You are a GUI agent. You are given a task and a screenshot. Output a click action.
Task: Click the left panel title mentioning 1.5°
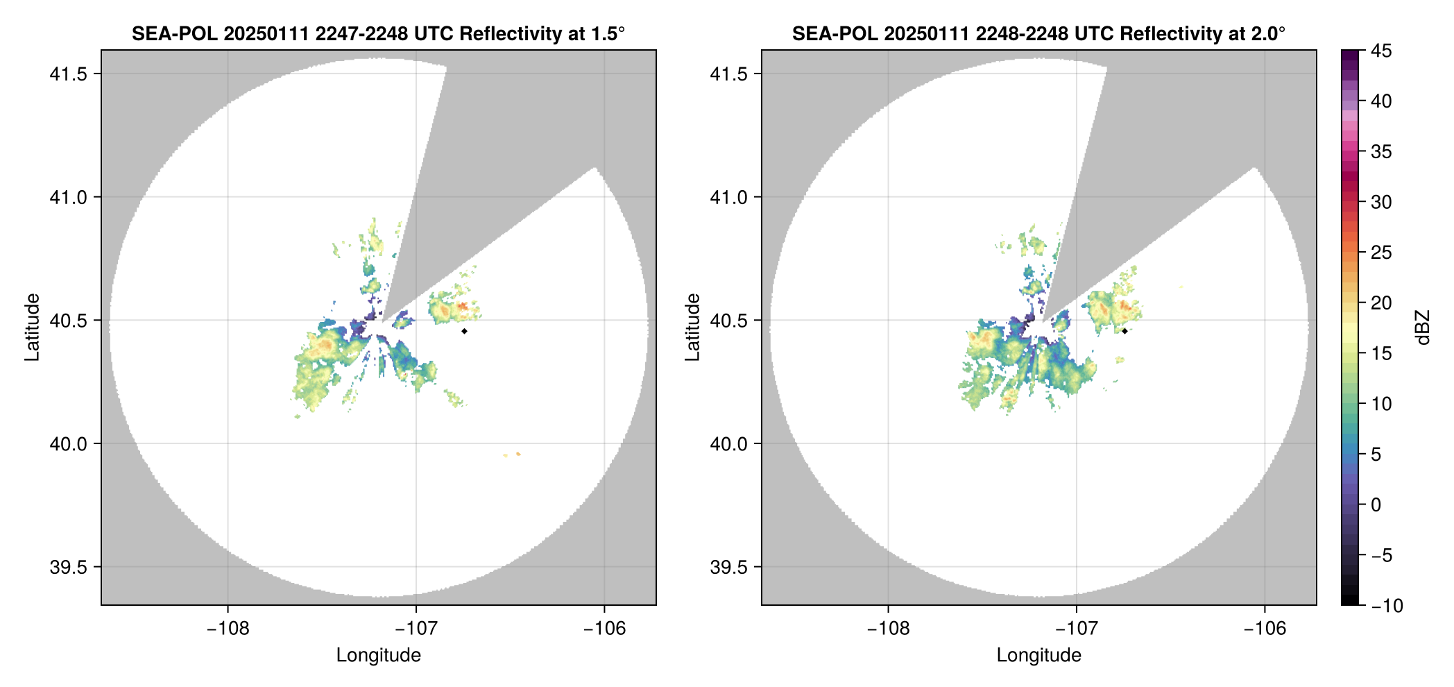[x=378, y=33]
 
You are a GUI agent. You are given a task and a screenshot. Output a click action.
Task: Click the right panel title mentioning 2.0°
[x=1038, y=33]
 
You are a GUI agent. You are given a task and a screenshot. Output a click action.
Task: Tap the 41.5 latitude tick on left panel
[x=68, y=74]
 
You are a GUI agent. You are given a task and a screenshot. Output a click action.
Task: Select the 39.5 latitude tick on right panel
[x=728, y=567]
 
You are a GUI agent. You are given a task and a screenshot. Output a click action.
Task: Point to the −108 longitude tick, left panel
[x=227, y=629]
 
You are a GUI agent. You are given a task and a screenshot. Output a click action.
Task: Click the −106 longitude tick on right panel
[x=1265, y=629]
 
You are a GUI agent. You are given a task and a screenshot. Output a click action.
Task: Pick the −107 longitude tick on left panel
[x=416, y=629]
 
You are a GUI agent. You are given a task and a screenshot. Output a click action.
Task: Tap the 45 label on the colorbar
[x=1381, y=51]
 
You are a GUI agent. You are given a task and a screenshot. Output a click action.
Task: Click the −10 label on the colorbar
[x=1387, y=606]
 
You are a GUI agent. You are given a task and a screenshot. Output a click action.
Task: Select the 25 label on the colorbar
[x=1381, y=253]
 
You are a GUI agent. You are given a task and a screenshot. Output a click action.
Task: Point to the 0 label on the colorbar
[x=1376, y=505]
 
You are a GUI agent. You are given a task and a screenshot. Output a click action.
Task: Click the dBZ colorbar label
[x=1423, y=328]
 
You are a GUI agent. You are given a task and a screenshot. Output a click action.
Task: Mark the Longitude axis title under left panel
[x=378, y=655]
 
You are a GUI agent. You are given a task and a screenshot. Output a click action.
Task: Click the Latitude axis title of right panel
[x=692, y=328]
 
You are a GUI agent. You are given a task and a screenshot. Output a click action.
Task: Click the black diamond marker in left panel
[x=464, y=331]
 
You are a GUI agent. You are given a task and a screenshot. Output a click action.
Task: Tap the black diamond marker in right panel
[x=1124, y=331]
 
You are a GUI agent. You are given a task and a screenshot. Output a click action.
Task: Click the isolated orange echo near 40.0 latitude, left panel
[x=518, y=454]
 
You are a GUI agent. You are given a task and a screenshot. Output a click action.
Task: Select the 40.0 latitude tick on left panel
[x=68, y=443]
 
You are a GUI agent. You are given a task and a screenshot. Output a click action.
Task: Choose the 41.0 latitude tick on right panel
[x=728, y=197]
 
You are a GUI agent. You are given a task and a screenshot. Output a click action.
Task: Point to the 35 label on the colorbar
[x=1381, y=151]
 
